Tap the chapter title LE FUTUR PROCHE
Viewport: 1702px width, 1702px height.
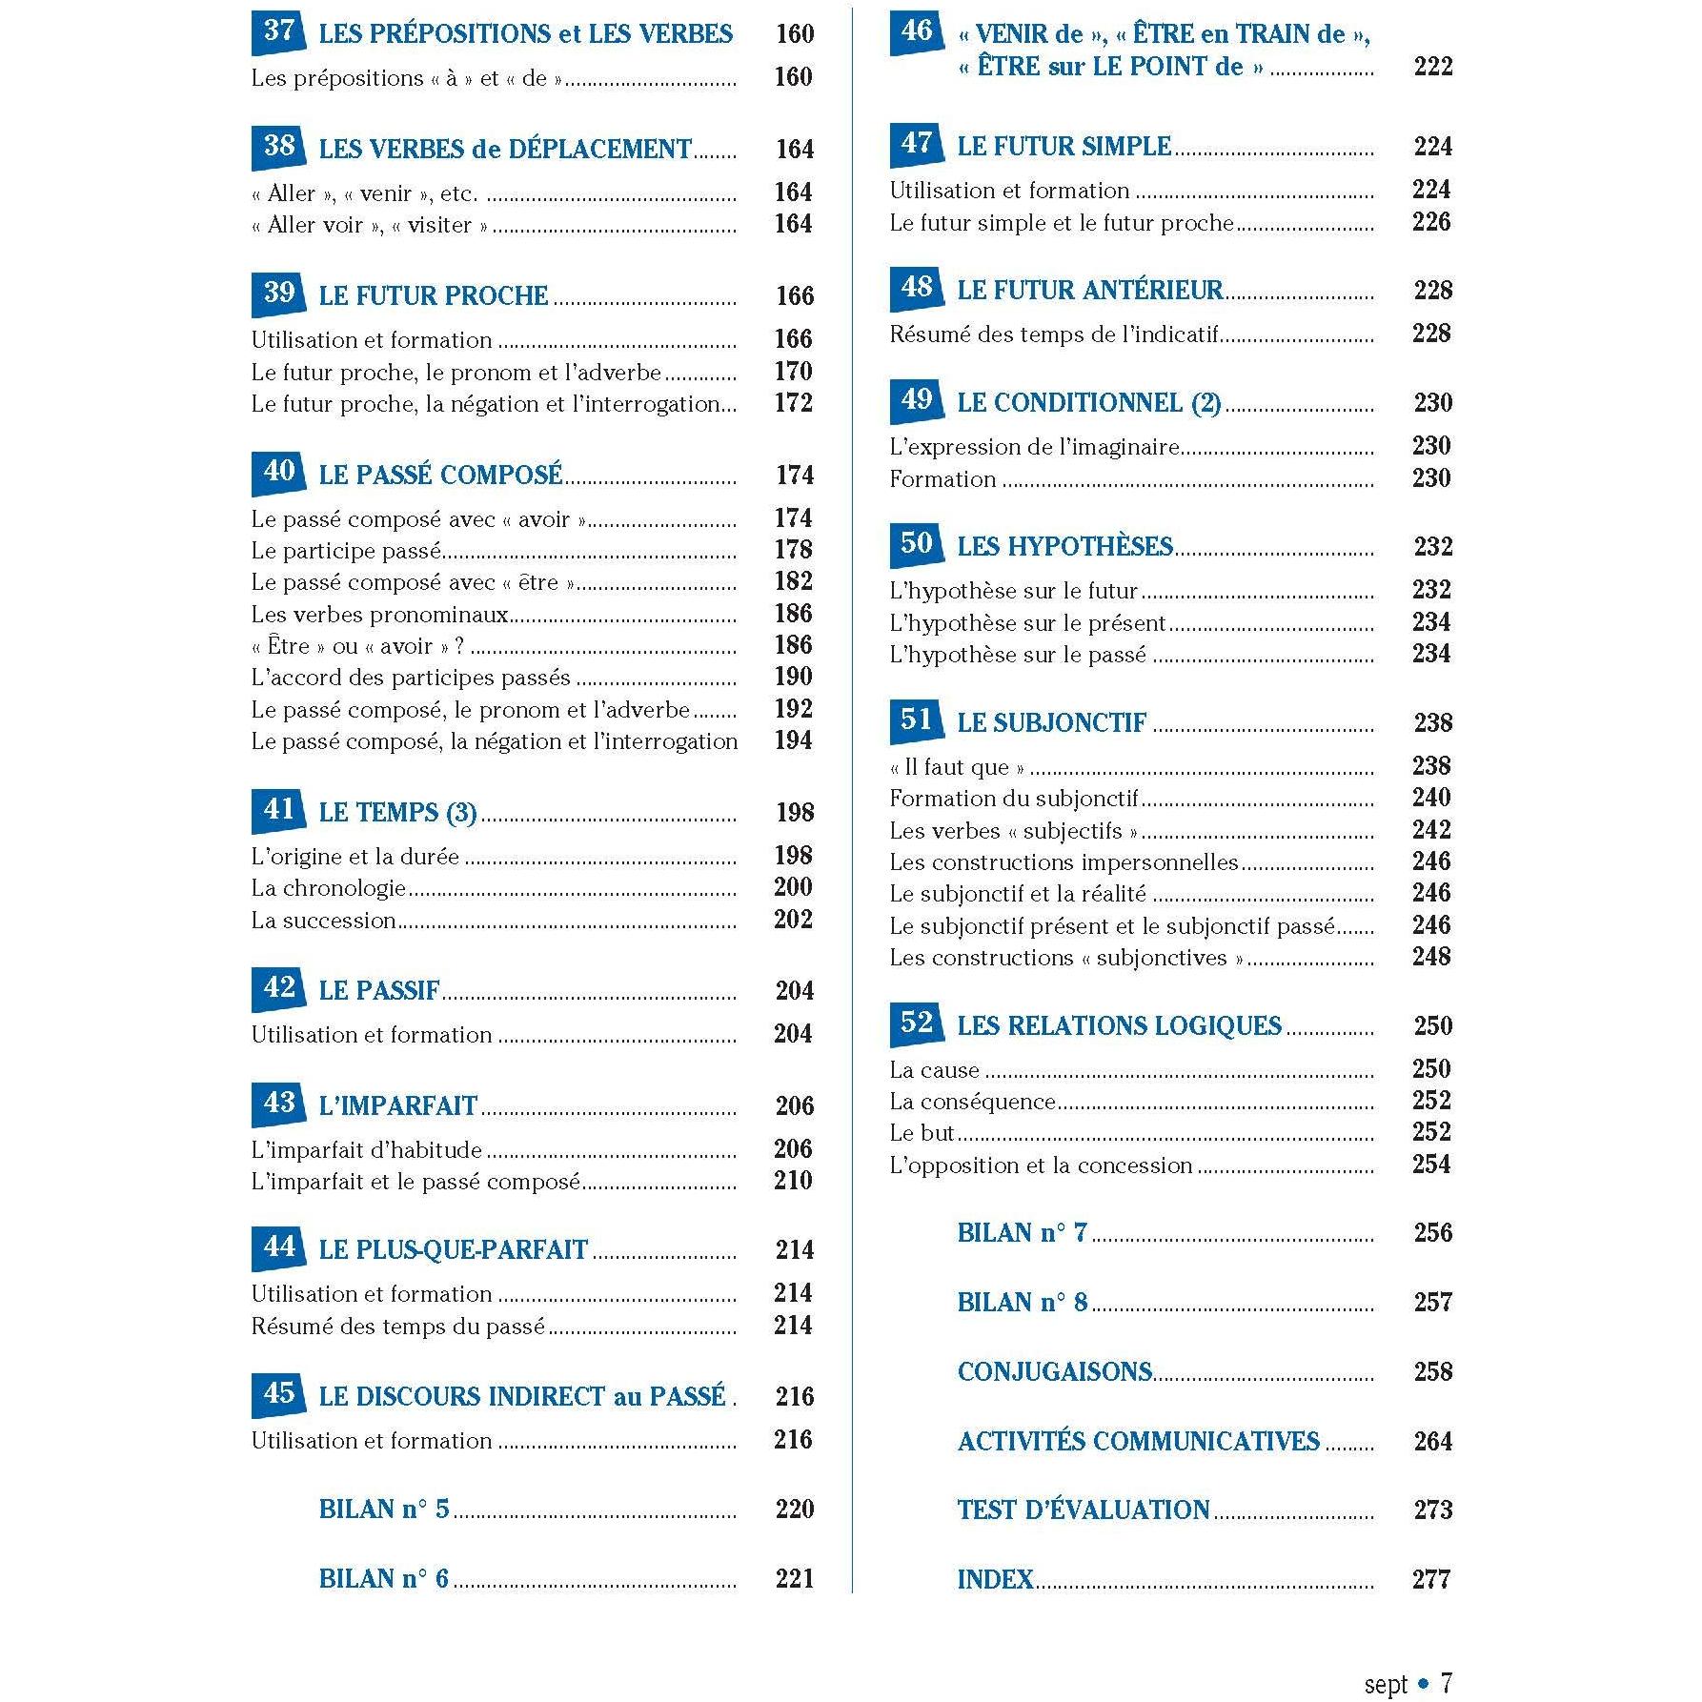[x=433, y=295]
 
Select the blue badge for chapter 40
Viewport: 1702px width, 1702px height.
[x=278, y=473]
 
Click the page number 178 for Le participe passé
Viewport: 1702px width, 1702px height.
[x=793, y=550]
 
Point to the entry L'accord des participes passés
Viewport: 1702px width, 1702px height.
[x=411, y=678]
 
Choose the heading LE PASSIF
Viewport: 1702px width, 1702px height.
[x=379, y=990]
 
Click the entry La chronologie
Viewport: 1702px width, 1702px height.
[x=329, y=888]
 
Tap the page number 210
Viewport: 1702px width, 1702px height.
[x=793, y=1181]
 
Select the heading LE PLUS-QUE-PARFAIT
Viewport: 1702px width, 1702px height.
[x=453, y=1249]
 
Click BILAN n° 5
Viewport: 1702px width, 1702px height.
[x=383, y=1509]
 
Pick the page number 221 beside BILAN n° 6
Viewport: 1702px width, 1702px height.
[x=794, y=1578]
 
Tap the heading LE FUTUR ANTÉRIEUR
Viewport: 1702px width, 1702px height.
[x=1089, y=290]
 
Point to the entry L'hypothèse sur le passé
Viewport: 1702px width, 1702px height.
[x=1017, y=655]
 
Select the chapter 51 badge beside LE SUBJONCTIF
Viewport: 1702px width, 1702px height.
[x=916, y=719]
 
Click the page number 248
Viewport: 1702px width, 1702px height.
[x=1431, y=957]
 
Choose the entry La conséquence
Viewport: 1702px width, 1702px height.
[x=972, y=1102]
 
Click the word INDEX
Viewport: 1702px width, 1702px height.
[x=995, y=1579]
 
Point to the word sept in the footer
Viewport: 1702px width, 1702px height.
[x=1385, y=1684]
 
